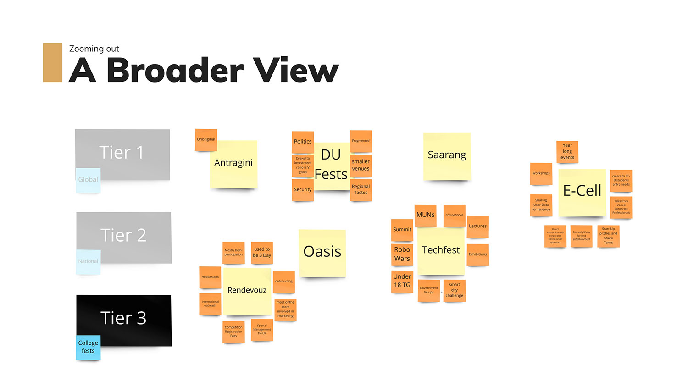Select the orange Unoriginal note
206,139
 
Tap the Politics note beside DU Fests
303,142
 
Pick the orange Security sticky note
303,189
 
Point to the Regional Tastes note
361,189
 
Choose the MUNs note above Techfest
425,215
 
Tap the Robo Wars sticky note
402,254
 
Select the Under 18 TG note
402,281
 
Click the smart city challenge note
454,290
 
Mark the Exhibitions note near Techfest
477,254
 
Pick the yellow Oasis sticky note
322,253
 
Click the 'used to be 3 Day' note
262,253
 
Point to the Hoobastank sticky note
210,277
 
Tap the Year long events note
567,151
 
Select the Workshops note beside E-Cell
541,173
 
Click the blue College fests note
88,347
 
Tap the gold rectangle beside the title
53,62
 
